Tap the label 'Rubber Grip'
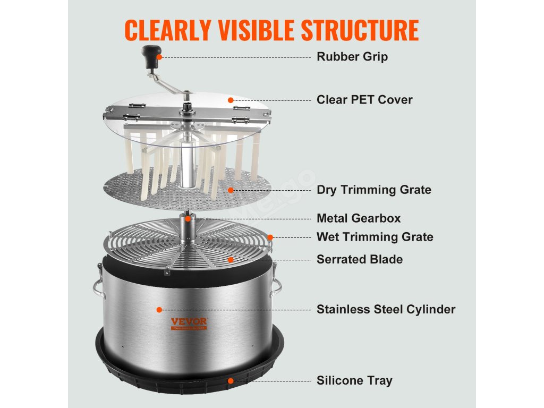(x=352, y=56)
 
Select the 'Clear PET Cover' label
(x=364, y=99)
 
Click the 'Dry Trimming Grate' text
(x=374, y=190)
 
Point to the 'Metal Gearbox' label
(x=359, y=218)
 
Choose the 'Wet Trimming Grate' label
(x=375, y=237)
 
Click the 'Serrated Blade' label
(x=360, y=259)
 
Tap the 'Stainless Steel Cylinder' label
(x=386, y=309)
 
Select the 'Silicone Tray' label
(x=354, y=380)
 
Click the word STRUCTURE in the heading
(x=360, y=30)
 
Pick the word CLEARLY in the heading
(x=167, y=30)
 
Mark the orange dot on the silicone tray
(x=231, y=381)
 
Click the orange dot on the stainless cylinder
(x=159, y=310)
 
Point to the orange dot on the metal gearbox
(x=188, y=218)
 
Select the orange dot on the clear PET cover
(x=231, y=100)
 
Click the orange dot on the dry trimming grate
(x=231, y=190)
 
